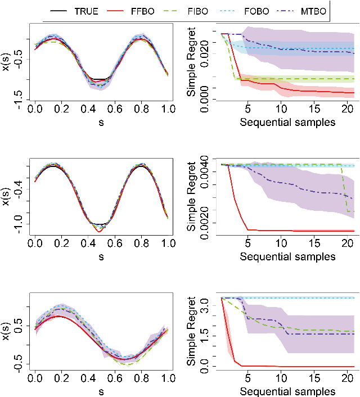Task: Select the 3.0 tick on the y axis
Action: point(206,305)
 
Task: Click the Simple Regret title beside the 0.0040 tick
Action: point(192,197)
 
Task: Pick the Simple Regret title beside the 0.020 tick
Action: point(192,62)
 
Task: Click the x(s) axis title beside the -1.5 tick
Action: point(7,62)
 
